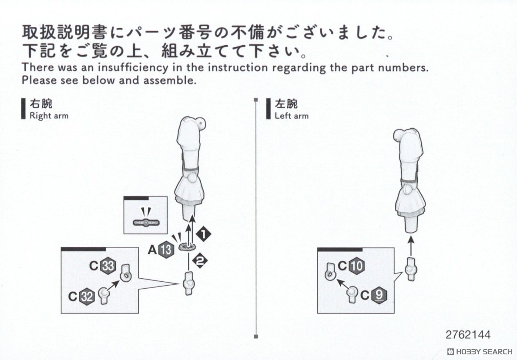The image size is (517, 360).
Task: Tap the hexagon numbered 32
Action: point(87,297)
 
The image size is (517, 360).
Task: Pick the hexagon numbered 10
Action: point(356,266)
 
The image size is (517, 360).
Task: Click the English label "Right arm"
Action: point(49,116)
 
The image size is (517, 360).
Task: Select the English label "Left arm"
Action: point(291,116)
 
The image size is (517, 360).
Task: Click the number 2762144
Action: point(468,335)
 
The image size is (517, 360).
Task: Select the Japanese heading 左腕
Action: point(286,104)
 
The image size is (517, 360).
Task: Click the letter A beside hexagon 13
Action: point(152,250)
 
